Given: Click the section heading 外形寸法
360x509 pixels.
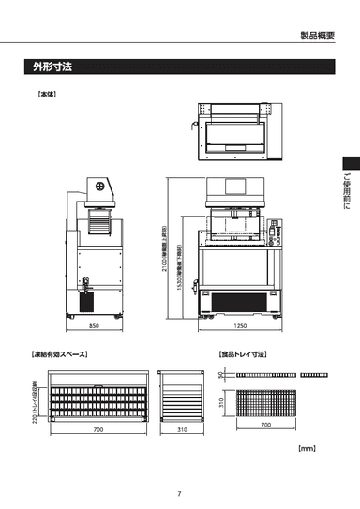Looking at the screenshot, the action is click(x=52, y=67).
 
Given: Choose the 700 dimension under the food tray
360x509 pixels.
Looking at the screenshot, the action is click(x=265, y=425).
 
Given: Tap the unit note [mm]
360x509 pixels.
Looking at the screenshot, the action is click(x=307, y=449).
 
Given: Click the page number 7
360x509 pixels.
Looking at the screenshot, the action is click(x=179, y=494).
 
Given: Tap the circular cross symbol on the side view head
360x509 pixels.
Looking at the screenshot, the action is click(x=99, y=185).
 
